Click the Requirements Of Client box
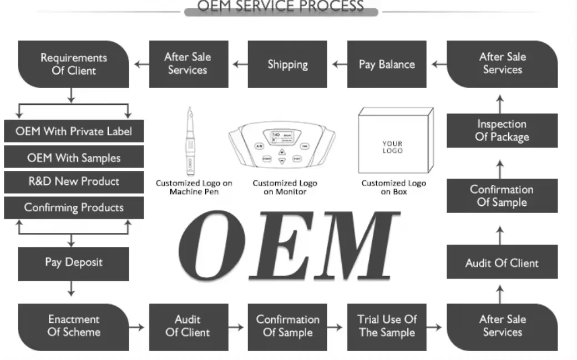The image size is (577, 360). (74, 64)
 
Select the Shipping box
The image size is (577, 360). (287, 64)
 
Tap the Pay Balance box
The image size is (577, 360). (387, 64)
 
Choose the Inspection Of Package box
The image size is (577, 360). (502, 131)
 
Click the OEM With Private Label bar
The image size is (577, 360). (74, 131)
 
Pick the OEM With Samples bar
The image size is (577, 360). (74, 158)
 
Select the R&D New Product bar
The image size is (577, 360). (74, 182)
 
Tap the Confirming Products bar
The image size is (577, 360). (74, 208)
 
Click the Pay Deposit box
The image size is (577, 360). (74, 262)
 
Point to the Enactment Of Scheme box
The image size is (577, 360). (74, 326)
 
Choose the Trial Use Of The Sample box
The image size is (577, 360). (387, 326)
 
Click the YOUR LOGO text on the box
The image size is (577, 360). (392, 147)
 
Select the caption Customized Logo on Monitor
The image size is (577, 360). (285, 187)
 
